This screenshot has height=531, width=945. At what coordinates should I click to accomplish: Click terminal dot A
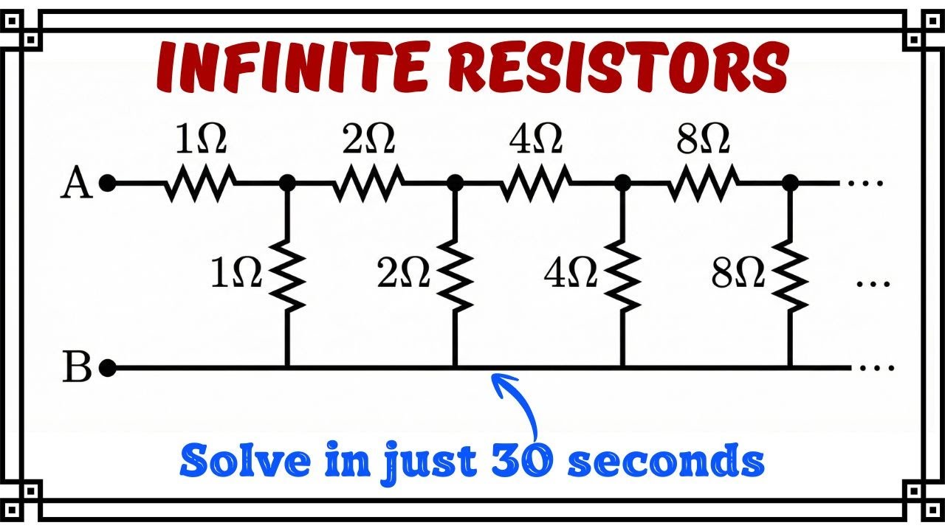pyautogui.click(x=107, y=183)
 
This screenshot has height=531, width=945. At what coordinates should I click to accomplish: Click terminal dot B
pyautogui.click(x=107, y=368)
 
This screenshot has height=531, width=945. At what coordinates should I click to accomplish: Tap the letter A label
pyautogui.click(x=76, y=183)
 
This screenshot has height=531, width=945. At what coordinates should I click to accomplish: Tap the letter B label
pyautogui.click(x=76, y=367)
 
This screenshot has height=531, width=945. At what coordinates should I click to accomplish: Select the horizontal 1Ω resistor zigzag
pyautogui.click(x=200, y=183)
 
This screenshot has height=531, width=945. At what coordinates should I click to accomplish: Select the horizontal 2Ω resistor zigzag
pyautogui.click(x=368, y=183)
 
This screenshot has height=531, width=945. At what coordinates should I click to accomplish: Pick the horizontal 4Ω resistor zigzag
pyautogui.click(x=536, y=183)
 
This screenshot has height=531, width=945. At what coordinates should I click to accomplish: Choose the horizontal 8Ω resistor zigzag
pyautogui.click(x=704, y=183)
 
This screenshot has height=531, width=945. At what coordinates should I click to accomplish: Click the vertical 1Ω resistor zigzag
pyautogui.click(x=287, y=276)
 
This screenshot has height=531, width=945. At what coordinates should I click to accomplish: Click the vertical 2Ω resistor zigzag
pyautogui.click(x=455, y=276)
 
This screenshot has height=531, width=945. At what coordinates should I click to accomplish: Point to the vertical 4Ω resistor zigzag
pyautogui.click(x=622, y=276)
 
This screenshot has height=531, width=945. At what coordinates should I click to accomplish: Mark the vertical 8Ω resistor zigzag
pyautogui.click(x=790, y=276)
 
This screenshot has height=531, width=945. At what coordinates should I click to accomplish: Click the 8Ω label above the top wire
pyautogui.click(x=703, y=139)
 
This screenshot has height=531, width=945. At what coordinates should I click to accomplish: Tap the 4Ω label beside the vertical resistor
pyautogui.click(x=571, y=273)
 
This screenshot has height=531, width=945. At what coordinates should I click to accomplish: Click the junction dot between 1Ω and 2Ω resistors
pyautogui.click(x=287, y=183)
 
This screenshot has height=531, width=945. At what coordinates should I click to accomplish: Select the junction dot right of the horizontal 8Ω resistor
pyautogui.click(x=790, y=183)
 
